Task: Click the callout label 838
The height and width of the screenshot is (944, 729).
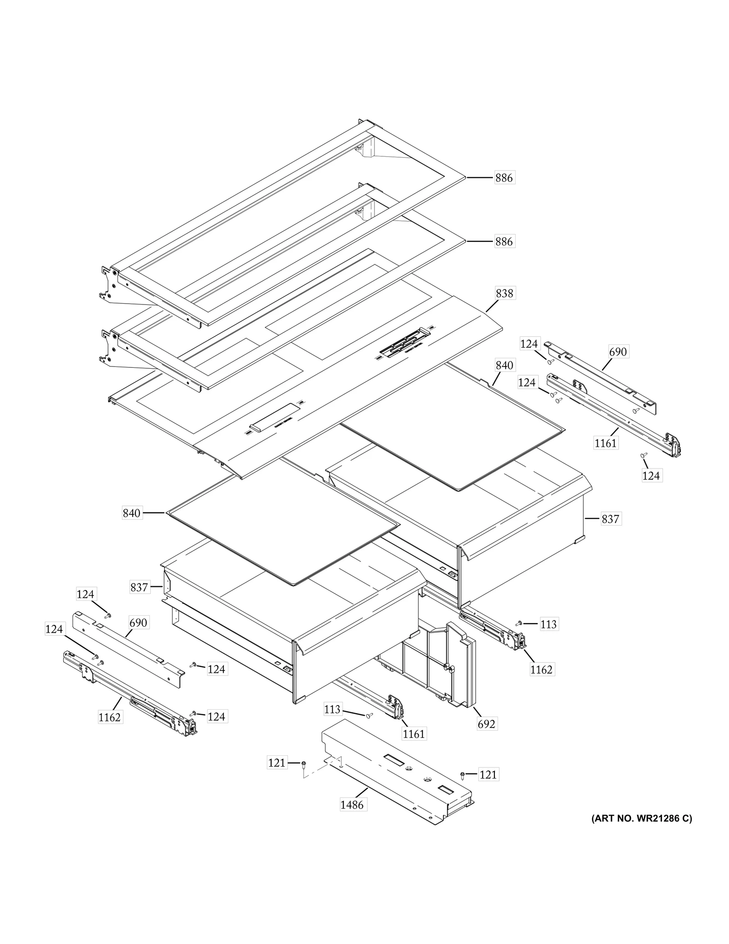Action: pos(504,293)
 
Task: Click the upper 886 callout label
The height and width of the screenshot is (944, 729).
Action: pos(504,178)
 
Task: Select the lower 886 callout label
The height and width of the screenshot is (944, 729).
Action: pos(504,242)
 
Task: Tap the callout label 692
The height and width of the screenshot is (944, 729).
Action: pos(486,724)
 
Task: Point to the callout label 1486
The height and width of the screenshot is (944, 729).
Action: pos(352,805)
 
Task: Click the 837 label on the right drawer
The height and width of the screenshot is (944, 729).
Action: pos(610,519)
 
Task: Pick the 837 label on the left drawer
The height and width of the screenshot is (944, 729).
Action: pos(139,587)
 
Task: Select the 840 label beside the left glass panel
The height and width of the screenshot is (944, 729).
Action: pos(132,513)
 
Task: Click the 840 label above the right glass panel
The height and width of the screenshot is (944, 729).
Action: pos(504,365)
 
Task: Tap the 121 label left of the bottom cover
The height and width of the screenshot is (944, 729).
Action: pos(277,763)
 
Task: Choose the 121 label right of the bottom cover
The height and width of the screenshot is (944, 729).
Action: pos(488,774)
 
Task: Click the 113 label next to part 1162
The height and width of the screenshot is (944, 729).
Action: pos(549,624)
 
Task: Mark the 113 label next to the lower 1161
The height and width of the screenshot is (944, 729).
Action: pos(333,709)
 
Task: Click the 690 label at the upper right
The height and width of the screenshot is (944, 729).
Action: pos(618,351)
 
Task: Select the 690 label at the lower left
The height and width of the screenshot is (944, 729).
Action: pos(138,623)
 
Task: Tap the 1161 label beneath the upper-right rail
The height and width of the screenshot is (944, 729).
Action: pos(606,443)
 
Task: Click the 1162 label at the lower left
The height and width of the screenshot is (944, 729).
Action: pos(110,717)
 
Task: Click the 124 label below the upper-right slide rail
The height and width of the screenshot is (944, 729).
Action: pos(651,475)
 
